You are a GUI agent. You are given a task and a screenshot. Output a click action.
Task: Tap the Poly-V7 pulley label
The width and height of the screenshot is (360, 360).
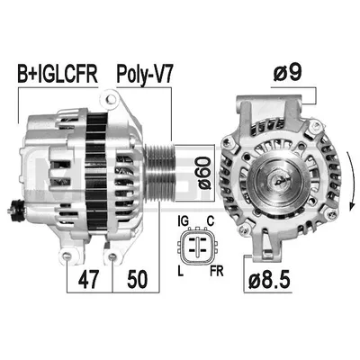144,75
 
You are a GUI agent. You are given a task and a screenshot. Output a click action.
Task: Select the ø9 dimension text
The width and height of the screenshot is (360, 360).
287,73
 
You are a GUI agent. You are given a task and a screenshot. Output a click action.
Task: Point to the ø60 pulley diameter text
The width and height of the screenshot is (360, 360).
204,173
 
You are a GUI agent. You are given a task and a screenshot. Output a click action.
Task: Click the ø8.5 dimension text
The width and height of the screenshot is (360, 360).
269,281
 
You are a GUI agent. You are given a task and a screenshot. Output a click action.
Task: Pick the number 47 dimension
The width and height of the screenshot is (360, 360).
88,279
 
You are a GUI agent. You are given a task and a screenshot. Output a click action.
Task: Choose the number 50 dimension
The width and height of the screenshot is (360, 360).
137,279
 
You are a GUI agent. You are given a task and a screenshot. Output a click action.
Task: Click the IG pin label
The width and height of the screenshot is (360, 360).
183,220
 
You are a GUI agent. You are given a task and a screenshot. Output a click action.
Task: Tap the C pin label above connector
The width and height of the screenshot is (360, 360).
211,220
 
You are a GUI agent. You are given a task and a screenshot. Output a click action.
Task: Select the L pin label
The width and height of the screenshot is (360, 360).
181,271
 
